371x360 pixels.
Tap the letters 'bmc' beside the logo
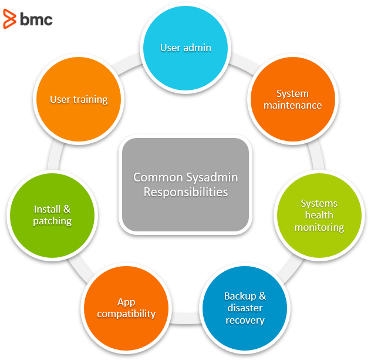pyautogui.click(x=36, y=19)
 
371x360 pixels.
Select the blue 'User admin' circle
pyautogui.click(x=185, y=48)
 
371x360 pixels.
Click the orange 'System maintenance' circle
pyautogui.click(x=292, y=99)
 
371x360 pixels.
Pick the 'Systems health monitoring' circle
pyautogui.click(x=319, y=215)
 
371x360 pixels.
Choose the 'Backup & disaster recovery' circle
pyautogui.click(x=245, y=308)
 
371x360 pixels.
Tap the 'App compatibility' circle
pyautogui.click(x=126, y=308)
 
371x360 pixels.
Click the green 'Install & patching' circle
pyautogui.click(x=52, y=215)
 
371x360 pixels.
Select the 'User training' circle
pyautogui.click(x=79, y=99)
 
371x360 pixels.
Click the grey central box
pyautogui.click(x=185, y=184)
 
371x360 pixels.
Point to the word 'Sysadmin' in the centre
pyautogui.click(x=213, y=177)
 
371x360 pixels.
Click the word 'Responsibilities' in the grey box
pyautogui.click(x=185, y=192)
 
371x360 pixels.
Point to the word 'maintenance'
pyautogui.click(x=292, y=106)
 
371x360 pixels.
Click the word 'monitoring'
pyautogui.click(x=319, y=227)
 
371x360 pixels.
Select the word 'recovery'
pyautogui.click(x=245, y=321)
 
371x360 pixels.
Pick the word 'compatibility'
pyautogui.click(x=126, y=314)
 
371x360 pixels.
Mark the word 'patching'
pyautogui.click(x=52, y=221)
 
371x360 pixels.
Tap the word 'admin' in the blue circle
pyautogui.click(x=198, y=48)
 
